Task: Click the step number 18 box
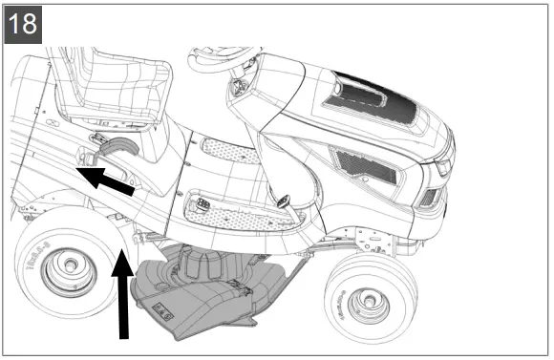point(22,23)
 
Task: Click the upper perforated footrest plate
point(230,151)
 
